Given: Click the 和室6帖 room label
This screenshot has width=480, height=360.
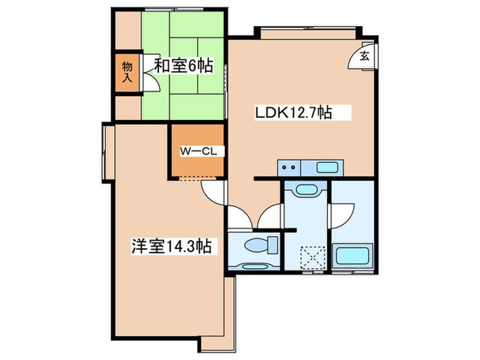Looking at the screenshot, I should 182,67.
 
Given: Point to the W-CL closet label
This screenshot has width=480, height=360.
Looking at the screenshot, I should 198,152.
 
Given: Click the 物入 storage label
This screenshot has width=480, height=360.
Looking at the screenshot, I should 128,71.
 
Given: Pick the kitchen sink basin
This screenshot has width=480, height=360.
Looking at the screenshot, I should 328,167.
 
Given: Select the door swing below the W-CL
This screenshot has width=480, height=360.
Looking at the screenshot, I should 213,193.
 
